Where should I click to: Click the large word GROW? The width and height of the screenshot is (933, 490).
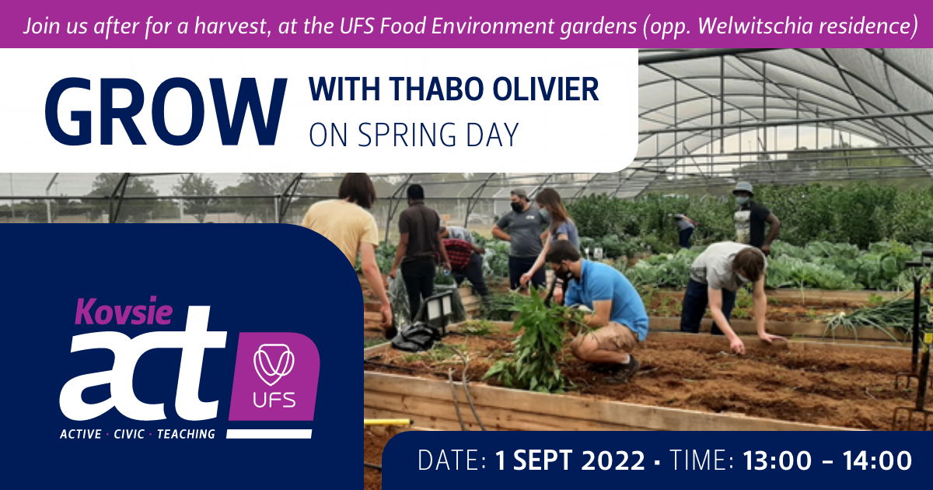(x=166, y=112)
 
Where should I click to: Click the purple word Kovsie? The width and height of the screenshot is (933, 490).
(x=124, y=311)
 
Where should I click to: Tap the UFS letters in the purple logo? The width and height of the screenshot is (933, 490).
(x=274, y=401)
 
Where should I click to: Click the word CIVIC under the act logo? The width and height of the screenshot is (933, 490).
(x=129, y=434)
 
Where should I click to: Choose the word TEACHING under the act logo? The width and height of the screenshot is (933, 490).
(x=186, y=434)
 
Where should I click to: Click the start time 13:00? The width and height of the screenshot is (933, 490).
(x=777, y=460)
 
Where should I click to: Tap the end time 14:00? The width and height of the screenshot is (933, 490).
(x=878, y=460)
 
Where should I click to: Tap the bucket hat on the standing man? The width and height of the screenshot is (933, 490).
(x=743, y=188)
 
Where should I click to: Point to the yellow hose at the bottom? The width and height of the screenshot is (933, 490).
(x=387, y=422)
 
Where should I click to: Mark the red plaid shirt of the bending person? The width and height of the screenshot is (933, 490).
(x=457, y=253)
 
